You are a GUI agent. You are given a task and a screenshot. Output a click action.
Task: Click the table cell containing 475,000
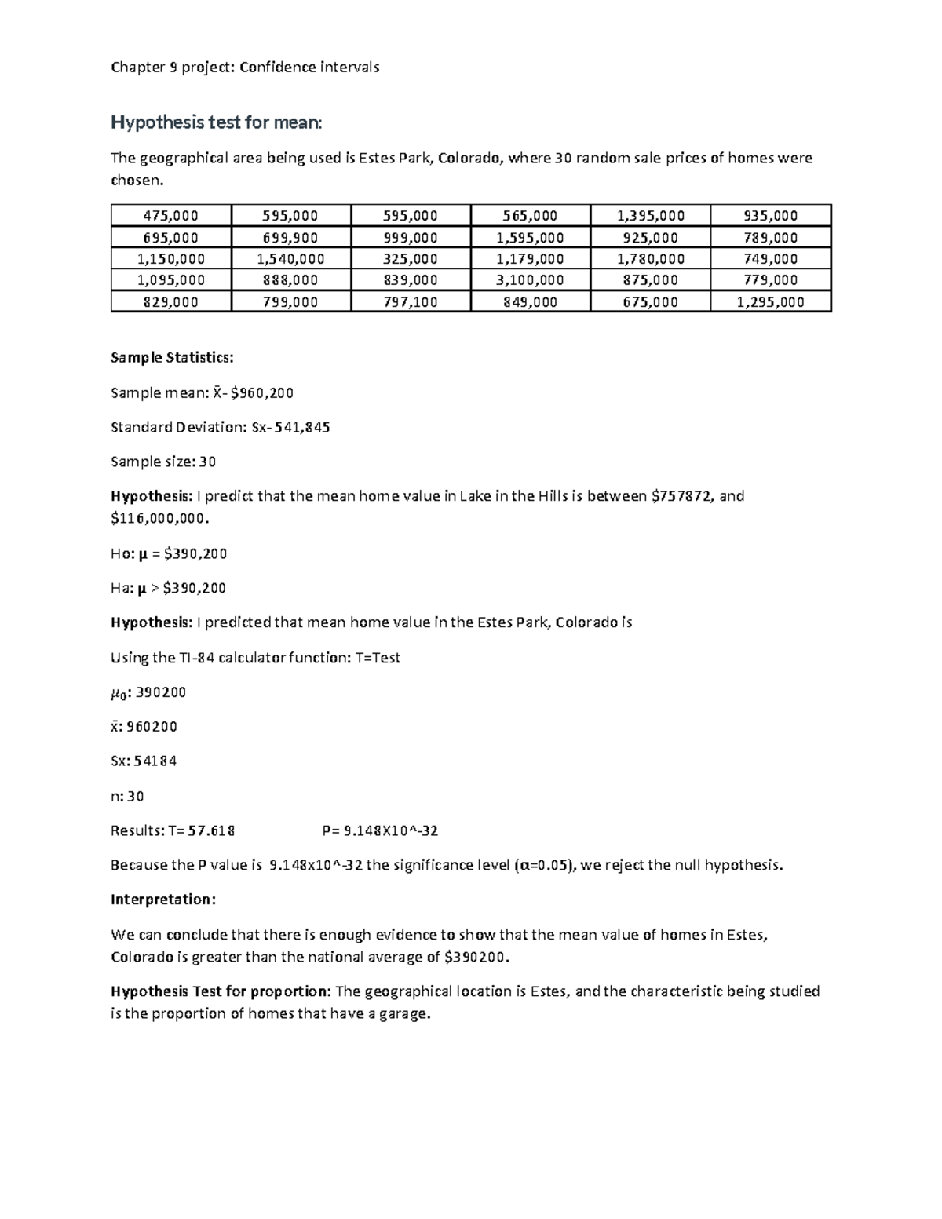(170, 216)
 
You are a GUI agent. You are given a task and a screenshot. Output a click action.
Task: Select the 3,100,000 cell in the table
(530, 280)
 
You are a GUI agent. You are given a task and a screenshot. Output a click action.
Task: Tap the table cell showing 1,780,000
(650, 259)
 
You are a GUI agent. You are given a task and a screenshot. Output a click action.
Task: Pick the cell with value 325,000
(410, 259)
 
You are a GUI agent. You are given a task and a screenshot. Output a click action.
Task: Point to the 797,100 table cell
(410, 302)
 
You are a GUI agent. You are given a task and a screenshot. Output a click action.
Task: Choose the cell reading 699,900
(290, 238)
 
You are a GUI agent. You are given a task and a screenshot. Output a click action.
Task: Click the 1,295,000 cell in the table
(770, 302)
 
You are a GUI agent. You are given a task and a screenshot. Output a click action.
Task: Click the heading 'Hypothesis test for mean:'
(216, 122)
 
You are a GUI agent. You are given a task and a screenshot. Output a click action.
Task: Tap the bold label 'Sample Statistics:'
(172, 358)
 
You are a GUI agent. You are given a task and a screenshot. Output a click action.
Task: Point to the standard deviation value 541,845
(301, 427)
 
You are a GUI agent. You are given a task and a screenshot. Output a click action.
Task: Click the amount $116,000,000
(160, 519)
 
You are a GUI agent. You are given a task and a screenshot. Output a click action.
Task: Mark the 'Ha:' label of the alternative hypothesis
(122, 588)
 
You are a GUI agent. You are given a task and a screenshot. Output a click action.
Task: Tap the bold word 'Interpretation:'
(162, 900)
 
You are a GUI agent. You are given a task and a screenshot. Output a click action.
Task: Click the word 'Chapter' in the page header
(137, 68)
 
